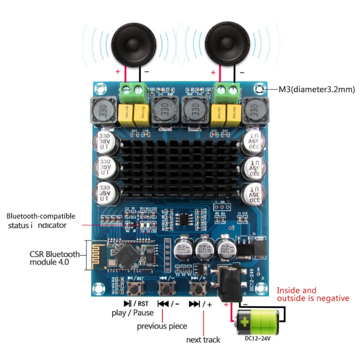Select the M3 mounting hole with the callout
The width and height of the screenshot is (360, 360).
point(259,89)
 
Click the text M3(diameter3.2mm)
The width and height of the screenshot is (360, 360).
point(316,90)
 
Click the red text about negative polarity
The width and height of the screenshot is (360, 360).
point(313,294)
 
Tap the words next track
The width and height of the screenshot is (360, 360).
point(203,340)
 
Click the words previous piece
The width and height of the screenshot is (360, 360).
point(162,326)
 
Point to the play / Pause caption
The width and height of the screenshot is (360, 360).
point(132,313)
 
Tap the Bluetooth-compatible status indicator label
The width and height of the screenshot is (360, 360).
point(41,220)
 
